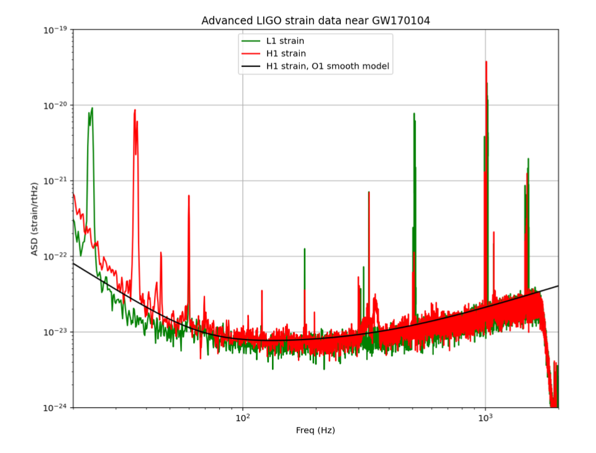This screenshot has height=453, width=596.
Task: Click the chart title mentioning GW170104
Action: (x=315, y=20)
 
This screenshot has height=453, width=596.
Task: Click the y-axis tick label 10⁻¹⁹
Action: (x=54, y=29)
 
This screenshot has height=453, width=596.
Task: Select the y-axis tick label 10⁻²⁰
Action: (x=54, y=105)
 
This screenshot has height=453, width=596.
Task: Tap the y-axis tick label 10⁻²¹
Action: (x=54, y=181)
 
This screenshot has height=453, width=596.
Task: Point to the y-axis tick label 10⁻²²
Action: (x=54, y=256)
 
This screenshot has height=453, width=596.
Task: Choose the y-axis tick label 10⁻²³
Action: (x=54, y=332)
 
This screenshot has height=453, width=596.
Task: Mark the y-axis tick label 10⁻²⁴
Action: (x=54, y=408)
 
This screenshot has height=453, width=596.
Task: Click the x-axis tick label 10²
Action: (x=243, y=418)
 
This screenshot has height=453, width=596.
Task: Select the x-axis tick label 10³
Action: (x=485, y=418)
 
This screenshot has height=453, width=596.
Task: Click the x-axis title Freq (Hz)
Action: (x=315, y=431)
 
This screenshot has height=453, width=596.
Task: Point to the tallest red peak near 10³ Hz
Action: (x=486, y=61)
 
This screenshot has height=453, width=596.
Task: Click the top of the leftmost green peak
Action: (x=92, y=109)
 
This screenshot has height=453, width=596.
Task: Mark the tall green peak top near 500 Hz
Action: (x=413, y=114)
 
